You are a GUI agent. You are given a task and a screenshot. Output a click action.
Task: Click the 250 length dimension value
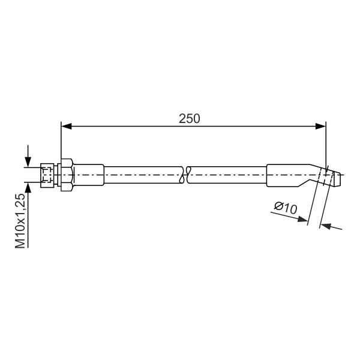(190, 119)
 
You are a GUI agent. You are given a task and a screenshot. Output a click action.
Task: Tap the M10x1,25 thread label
(20, 221)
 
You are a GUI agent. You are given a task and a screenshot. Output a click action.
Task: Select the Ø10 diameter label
(286, 208)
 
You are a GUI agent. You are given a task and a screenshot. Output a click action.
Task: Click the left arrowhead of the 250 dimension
(67, 126)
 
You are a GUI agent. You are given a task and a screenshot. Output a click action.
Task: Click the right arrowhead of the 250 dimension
(320, 126)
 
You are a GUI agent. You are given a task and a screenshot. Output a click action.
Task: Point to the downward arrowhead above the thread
(28, 162)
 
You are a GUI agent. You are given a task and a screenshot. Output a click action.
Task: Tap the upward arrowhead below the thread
(28, 188)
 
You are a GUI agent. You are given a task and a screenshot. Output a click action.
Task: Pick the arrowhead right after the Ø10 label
(302, 219)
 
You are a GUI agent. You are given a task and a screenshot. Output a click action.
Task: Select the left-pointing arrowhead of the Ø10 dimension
(326, 226)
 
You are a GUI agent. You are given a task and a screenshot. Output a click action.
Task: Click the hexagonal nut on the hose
(67, 175)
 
